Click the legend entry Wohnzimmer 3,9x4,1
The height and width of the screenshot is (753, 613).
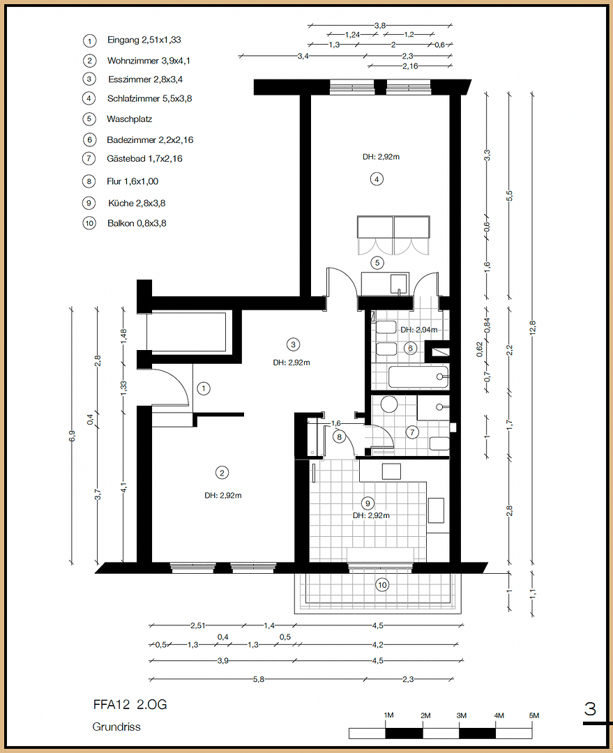click(x=149, y=61)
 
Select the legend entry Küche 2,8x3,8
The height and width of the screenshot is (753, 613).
click(x=136, y=204)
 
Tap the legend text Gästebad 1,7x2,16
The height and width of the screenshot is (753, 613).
click(x=144, y=159)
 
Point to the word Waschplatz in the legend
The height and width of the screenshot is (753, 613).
click(x=129, y=119)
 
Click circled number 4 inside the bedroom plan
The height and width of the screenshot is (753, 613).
click(x=377, y=179)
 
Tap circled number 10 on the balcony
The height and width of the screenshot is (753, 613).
click(x=381, y=585)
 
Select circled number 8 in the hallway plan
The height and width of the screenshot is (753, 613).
click(x=340, y=437)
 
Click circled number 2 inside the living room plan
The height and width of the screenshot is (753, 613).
click(x=222, y=473)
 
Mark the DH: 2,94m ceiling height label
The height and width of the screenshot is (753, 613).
click(x=418, y=330)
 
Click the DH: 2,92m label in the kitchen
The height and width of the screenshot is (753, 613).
click(x=370, y=516)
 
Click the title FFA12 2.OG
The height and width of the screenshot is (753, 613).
click(x=130, y=705)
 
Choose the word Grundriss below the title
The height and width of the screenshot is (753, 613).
click(x=116, y=727)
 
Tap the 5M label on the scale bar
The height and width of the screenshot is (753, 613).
click(x=533, y=716)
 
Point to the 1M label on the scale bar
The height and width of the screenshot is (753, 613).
click(x=389, y=716)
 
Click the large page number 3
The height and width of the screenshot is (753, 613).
click(x=590, y=710)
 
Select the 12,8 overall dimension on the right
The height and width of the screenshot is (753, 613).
click(x=532, y=324)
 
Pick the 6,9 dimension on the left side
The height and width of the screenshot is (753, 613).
click(x=71, y=435)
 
